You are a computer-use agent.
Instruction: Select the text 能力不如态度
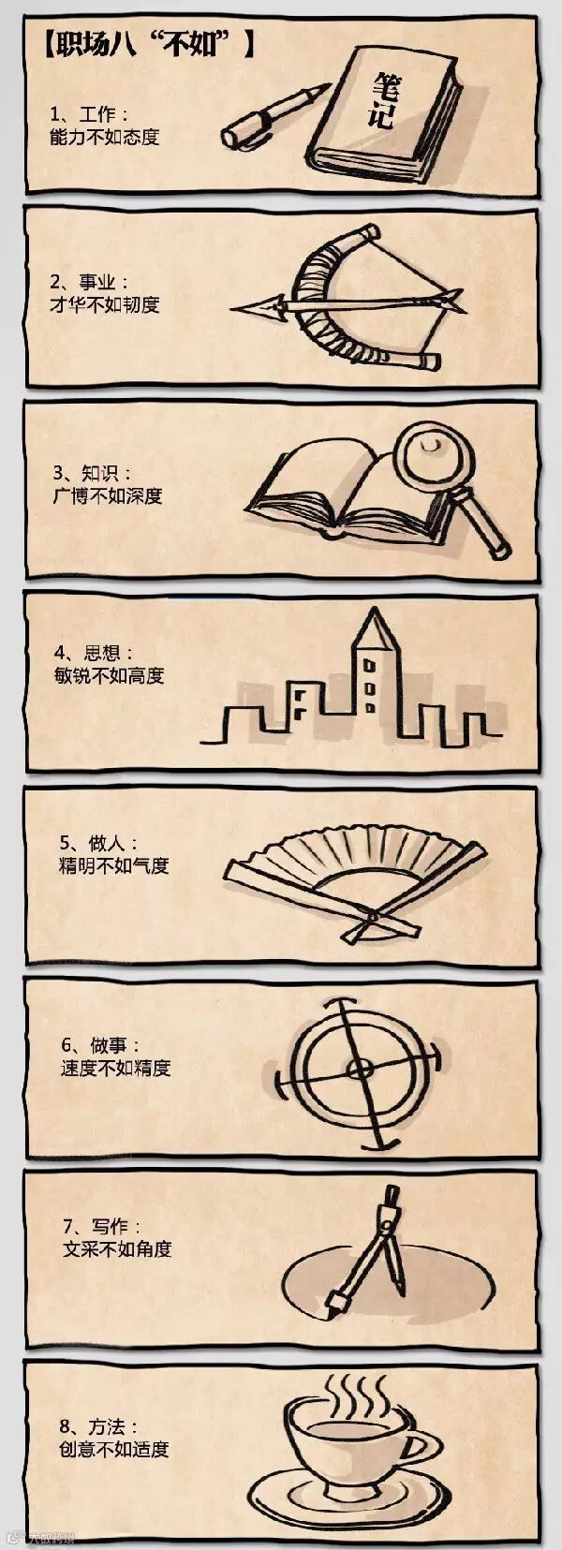(104, 138)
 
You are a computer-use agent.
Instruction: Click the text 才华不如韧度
(104, 304)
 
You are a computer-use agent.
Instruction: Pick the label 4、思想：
(94, 653)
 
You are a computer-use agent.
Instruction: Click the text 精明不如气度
(113, 865)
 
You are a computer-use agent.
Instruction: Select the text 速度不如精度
(115, 1068)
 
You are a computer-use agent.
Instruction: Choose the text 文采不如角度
(116, 1248)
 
